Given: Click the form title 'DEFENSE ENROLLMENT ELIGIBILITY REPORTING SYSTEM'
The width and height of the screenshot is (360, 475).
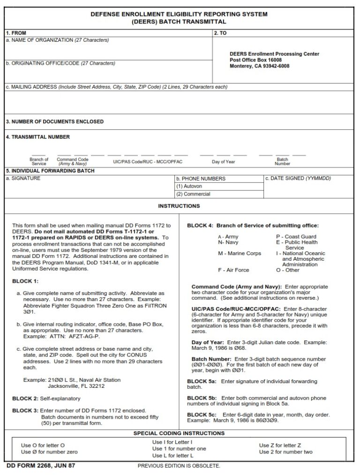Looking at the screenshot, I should (179, 14).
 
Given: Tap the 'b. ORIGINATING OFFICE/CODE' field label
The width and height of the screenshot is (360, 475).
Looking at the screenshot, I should (60, 63).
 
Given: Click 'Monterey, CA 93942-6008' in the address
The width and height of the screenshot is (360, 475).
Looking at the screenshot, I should (259, 66).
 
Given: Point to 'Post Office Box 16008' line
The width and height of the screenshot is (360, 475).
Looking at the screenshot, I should (255, 60).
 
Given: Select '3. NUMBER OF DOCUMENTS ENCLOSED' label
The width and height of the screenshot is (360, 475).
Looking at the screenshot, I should (55, 121).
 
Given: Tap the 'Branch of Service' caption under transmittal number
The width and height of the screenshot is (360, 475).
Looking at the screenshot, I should (39, 162).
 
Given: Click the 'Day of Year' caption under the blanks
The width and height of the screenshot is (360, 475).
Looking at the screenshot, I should (223, 162).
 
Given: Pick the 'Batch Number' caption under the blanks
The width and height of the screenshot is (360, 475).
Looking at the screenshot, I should (282, 162).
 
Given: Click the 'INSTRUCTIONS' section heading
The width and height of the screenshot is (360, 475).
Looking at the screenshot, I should (179, 206).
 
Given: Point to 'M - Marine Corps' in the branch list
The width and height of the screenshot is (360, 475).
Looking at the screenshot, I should (239, 254).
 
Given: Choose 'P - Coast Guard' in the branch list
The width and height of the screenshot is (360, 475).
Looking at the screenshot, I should (296, 237).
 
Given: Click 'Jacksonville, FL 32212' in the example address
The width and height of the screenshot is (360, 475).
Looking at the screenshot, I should (76, 386).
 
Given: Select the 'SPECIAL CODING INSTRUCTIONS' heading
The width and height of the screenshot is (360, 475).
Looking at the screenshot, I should (179, 433).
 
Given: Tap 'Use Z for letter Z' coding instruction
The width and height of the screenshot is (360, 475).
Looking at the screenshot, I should (280, 445).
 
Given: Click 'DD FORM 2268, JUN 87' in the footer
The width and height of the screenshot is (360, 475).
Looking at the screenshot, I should (41, 466).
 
